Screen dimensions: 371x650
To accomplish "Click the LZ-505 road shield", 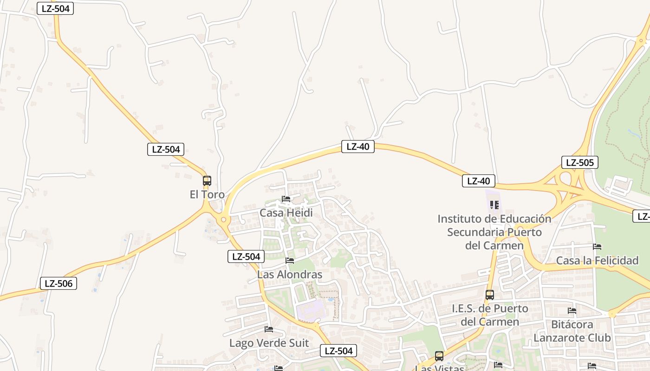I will click(x=579, y=162).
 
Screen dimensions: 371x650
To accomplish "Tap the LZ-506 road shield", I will click(x=58, y=283).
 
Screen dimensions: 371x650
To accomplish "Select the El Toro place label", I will click(x=207, y=194).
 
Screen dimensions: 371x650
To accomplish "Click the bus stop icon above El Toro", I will click(x=207, y=181).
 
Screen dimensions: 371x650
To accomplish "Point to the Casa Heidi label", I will click(x=286, y=213).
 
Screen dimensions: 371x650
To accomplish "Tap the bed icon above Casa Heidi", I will click(x=286, y=199).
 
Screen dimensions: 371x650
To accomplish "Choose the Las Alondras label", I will click(x=290, y=275).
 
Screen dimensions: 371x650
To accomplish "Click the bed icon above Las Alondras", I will click(x=290, y=261).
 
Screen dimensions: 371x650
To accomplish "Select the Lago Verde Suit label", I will click(x=269, y=343).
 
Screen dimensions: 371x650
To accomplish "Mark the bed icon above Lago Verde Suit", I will click(x=269, y=329).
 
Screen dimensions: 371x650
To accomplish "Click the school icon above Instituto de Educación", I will click(x=494, y=205).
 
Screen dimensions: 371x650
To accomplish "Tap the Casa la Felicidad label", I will click(x=597, y=261).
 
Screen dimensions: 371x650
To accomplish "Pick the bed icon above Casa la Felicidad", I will click(x=597, y=247).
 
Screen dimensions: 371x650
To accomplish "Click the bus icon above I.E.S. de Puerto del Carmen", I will click(x=490, y=294).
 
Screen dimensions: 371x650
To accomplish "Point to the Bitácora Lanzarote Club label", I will click(x=572, y=331).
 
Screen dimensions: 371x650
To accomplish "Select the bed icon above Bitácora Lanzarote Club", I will click(x=572, y=311).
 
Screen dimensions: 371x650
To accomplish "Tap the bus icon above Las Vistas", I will click(x=439, y=356).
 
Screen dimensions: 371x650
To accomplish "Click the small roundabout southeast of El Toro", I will click(x=224, y=219).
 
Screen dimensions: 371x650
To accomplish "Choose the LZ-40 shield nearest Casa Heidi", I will click(x=357, y=147).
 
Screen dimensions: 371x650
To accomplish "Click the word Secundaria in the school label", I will click(x=475, y=232).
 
